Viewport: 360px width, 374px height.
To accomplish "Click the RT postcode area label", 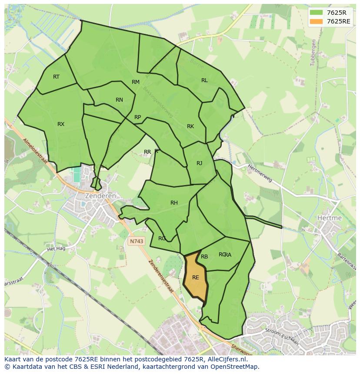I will (x=56, y=77).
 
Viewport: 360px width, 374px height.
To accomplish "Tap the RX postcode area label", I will (x=61, y=124).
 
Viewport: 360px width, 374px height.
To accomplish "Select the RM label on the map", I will (x=136, y=82).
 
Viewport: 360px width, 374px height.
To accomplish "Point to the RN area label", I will (x=119, y=100).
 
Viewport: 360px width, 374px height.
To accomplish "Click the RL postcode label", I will (x=204, y=80).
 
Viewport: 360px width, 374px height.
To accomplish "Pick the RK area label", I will (x=190, y=126).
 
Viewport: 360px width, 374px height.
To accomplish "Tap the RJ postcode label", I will (x=200, y=163).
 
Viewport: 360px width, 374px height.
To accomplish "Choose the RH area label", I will (x=174, y=203).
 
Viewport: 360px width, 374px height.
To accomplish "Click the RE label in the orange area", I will (x=196, y=278).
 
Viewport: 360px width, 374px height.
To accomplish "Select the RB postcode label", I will (x=204, y=257).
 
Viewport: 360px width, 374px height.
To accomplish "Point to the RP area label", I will (x=137, y=117).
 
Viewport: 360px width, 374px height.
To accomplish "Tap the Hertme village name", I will (x=330, y=218).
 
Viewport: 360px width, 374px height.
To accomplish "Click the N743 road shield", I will (x=136, y=241).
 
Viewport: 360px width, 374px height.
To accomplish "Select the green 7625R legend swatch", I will (x=317, y=12).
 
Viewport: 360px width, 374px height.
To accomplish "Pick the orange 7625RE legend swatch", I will (x=317, y=21).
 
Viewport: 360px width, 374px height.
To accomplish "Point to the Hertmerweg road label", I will (x=260, y=173).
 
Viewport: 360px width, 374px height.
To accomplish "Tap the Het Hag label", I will (x=56, y=249).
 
